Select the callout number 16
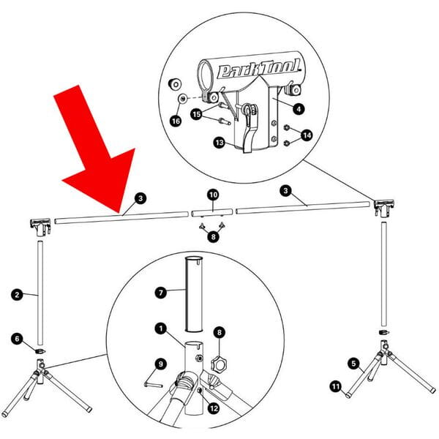coord(176,121)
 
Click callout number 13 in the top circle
coord(219,143)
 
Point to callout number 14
coord(307,135)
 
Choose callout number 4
coord(299,108)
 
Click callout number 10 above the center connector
coord(214,195)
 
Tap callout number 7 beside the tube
coord(161,293)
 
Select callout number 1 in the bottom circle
coord(161,329)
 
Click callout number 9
coord(161,364)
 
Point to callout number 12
coord(214,408)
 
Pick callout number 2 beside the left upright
coord(17,295)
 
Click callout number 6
coord(17,339)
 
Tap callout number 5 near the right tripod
coord(354,364)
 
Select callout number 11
coord(335,387)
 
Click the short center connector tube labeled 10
coord(212,212)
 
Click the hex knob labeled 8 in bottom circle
coord(219,364)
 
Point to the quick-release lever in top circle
coord(249,129)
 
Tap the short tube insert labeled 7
coord(194,294)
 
